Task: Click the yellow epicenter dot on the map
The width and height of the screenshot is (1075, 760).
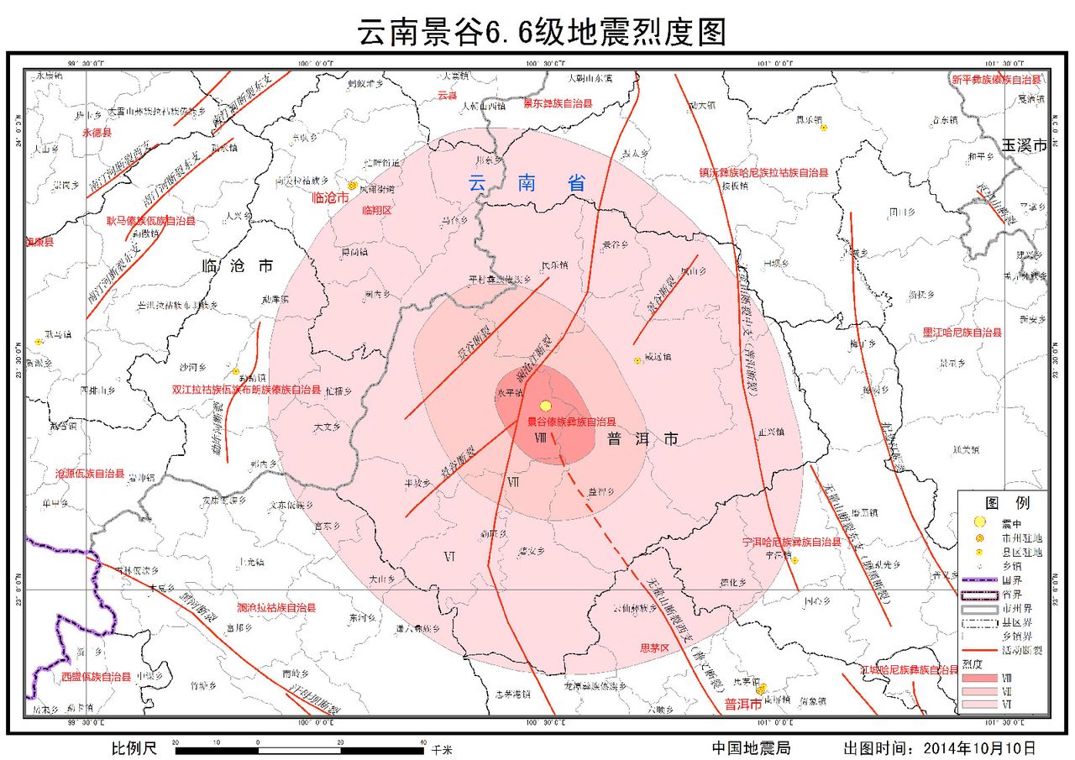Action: tap(545, 406)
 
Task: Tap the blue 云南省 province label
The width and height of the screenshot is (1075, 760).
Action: tap(527, 183)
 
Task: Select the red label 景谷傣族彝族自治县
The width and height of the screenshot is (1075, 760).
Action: tap(571, 422)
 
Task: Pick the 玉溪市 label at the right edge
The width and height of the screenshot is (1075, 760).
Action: tap(1024, 145)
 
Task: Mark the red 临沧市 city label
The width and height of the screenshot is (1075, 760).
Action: tap(328, 198)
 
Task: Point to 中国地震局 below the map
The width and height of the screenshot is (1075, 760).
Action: tap(751, 747)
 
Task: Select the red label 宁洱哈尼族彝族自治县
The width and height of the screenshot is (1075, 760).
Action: tap(792, 542)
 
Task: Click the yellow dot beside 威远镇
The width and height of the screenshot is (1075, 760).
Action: tap(637, 360)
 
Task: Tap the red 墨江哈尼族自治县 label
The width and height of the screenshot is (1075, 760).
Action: tap(962, 333)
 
